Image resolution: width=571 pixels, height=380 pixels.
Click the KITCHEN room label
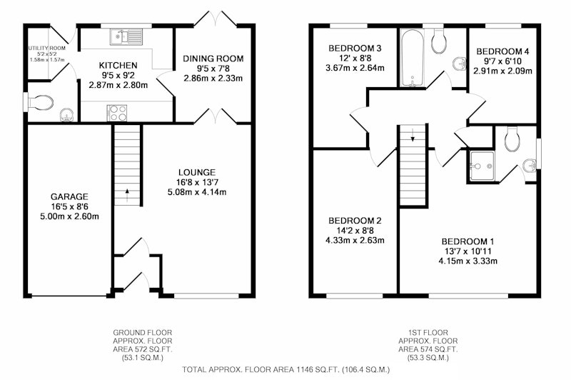[x=118, y=66]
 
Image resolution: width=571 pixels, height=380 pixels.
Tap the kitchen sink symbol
[x=126, y=37]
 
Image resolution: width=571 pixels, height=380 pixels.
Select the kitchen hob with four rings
[x=117, y=113]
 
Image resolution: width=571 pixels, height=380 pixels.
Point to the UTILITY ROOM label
[x=46, y=48]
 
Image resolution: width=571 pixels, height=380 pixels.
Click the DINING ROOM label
[x=213, y=59]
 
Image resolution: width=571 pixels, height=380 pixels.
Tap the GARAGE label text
[x=69, y=197]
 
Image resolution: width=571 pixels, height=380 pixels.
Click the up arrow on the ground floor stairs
[x=127, y=195]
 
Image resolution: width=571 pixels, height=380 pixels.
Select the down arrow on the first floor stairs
[x=413, y=135]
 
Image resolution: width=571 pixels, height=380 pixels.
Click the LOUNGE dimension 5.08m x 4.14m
[x=197, y=192]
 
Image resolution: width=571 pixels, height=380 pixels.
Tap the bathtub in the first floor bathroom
[x=412, y=58]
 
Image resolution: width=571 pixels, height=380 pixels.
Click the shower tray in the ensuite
[x=481, y=166]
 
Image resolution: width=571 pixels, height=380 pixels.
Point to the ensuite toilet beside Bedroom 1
[x=512, y=139]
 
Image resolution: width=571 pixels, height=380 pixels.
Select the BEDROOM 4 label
[x=502, y=51]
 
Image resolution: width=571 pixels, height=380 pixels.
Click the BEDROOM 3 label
[x=355, y=48]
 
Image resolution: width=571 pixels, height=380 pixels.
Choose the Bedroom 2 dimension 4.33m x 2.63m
[x=355, y=241]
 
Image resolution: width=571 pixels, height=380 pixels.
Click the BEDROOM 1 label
[x=468, y=241]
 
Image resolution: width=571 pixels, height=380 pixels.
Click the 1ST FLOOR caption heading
[x=428, y=333]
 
